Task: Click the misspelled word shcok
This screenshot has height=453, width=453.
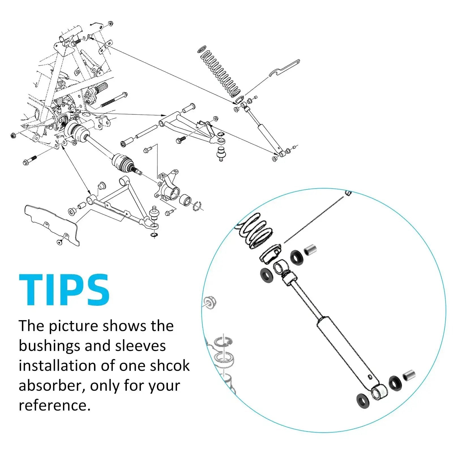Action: point(170,366)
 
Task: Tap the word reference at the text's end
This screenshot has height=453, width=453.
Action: point(55,405)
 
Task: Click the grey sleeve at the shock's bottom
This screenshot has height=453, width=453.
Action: point(409,375)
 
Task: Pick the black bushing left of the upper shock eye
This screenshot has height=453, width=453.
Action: point(267,275)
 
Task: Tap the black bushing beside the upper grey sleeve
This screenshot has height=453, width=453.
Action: point(297,257)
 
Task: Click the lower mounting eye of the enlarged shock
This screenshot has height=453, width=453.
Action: point(379,392)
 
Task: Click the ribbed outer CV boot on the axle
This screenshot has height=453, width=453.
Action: point(123,162)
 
